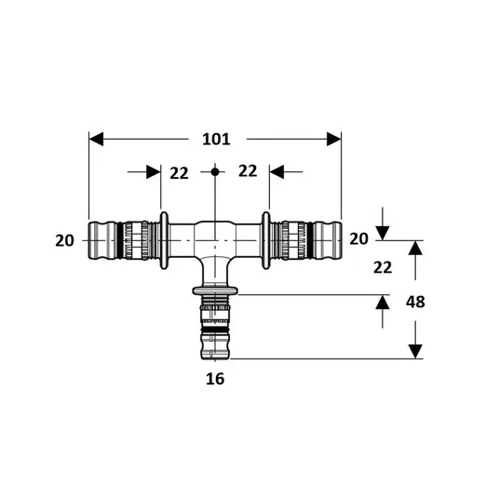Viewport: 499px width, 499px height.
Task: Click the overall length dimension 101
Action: [216, 140]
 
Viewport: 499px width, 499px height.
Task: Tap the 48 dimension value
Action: [415, 302]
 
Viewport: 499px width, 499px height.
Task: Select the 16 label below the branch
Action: [215, 379]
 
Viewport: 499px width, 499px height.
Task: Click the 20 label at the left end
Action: [64, 240]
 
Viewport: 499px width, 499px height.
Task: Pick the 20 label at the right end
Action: [358, 238]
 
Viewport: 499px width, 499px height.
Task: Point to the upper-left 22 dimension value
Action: [179, 173]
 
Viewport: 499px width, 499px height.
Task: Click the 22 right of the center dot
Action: [248, 171]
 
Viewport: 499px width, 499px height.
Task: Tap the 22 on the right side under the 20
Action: [383, 267]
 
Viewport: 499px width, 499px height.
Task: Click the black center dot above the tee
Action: [215, 172]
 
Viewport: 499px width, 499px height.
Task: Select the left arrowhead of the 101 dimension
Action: [96, 139]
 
